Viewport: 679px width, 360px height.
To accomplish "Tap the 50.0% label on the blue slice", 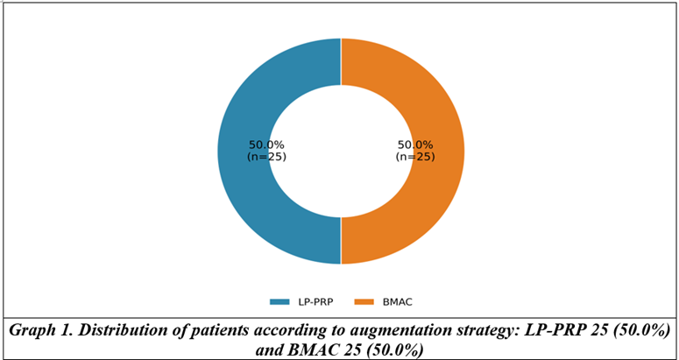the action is click(266, 145).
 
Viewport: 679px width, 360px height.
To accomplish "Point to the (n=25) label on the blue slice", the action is click(266, 157).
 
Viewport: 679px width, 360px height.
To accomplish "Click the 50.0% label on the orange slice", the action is click(415, 145).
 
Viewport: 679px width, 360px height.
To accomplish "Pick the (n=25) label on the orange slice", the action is click(415, 157).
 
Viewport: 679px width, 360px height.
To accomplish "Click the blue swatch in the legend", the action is click(279, 302).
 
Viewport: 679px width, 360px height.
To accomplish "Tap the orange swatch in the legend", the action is click(364, 302).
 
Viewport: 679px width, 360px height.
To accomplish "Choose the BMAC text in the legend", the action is click(397, 302).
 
